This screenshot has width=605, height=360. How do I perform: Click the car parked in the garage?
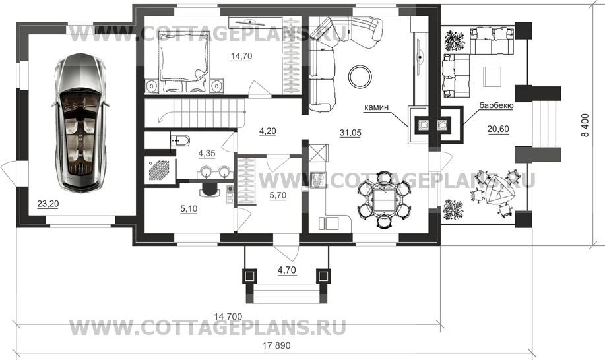click(x=80, y=122)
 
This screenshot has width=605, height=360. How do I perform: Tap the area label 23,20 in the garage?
click(x=48, y=204)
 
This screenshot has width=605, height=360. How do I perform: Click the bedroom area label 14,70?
click(x=241, y=56)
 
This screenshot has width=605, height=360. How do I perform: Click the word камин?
click(x=376, y=108)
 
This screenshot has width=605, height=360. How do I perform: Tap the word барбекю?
click(x=496, y=105)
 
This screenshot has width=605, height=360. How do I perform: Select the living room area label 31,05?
click(x=350, y=133)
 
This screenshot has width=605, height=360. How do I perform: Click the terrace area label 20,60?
click(x=498, y=129)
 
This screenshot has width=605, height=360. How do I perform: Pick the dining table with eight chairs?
click(x=383, y=200)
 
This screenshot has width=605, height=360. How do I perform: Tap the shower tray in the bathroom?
click(x=160, y=169)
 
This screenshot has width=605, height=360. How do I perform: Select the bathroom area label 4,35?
click(x=207, y=154)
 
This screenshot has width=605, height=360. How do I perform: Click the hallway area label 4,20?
click(x=267, y=131)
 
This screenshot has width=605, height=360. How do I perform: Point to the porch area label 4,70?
click(x=287, y=270)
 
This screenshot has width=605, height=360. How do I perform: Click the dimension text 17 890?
click(x=276, y=345)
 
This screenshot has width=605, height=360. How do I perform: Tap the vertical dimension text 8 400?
click(x=585, y=125)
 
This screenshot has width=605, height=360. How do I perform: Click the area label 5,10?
click(x=189, y=209)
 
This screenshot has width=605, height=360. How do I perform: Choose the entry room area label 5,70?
click(x=278, y=195)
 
